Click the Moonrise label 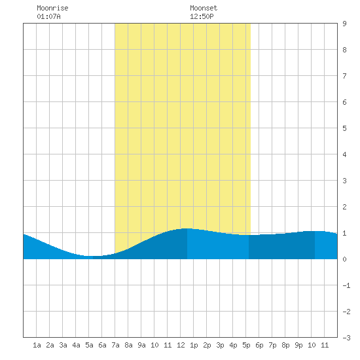[x=52, y=8]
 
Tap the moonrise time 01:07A [x=48, y=16]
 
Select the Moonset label [x=204, y=8]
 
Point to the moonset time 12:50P [x=202, y=16]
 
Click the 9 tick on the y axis [x=344, y=24]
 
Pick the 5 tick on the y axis [x=344, y=128]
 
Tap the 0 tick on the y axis [x=344, y=259]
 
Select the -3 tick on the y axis [x=346, y=338]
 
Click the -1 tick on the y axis [x=346, y=285]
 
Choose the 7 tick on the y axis [x=344, y=76]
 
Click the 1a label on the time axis [x=37, y=345]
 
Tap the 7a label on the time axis [x=115, y=345]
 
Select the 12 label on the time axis [x=181, y=345]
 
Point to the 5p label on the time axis [x=246, y=345]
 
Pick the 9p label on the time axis [x=298, y=345]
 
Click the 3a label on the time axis [x=63, y=345]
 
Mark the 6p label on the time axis [x=259, y=345]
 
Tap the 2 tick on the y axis [x=344, y=207]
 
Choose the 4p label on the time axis [x=233, y=345]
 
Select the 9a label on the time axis [x=141, y=345]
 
